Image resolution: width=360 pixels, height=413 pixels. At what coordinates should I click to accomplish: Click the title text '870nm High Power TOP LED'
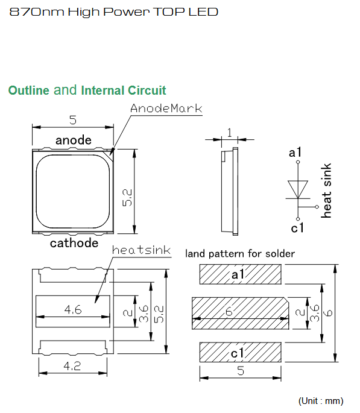pyautogui.click(x=114, y=12)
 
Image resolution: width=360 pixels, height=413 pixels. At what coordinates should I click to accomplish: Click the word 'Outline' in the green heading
pyautogui.click(x=29, y=90)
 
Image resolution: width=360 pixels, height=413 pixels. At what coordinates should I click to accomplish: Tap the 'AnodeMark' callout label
pyautogui.click(x=166, y=109)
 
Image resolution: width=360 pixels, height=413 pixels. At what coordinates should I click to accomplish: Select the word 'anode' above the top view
pyautogui.click(x=74, y=140)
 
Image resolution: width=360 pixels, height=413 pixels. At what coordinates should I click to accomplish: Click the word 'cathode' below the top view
pyautogui.click(x=74, y=243)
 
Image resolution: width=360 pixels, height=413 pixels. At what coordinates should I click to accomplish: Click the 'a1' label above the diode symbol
pyautogui.click(x=295, y=153)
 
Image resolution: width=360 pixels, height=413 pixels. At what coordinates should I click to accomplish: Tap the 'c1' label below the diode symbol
pyautogui.click(x=297, y=228)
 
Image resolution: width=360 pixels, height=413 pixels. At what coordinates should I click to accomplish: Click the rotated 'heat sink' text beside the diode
pyautogui.click(x=326, y=191)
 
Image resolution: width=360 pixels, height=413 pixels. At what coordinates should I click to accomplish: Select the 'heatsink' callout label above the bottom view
pyautogui.click(x=142, y=250)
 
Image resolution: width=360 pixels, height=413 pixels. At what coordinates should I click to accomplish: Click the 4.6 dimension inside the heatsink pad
pyautogui.click(x=73, y=309)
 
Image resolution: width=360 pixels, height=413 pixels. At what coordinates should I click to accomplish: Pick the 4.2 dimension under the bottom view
pyautogui.click(x=72, y=366)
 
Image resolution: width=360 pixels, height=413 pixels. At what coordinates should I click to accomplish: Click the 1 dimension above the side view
pyautogui.click(x=229, y=133)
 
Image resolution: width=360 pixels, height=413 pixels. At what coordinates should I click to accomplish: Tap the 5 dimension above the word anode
pyautogui.click(x=73, y=120)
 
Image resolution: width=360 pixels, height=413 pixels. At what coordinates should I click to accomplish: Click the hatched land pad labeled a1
pyautogui.click(x=240, y=274)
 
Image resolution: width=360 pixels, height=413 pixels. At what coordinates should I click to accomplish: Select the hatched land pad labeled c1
pyautogui.click(x=240, y=352)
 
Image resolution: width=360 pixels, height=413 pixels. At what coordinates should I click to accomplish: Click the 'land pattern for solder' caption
pyautogui.click(x=240, y=254)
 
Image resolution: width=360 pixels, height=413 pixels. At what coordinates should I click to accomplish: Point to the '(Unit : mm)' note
pyautogui.click(x=321, y=401)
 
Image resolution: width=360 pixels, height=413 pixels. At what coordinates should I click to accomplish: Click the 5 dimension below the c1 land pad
pyautogui.click(x=241, y=371)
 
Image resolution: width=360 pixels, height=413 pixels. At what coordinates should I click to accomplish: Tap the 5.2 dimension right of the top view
pyautogui.click(x=127, y=198)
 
